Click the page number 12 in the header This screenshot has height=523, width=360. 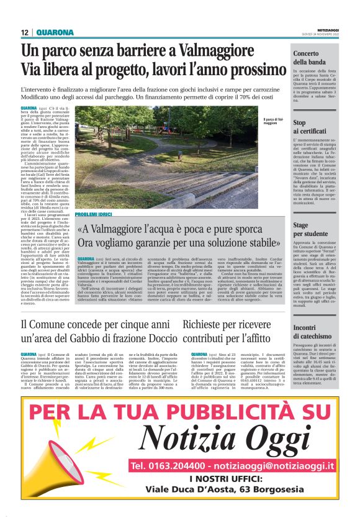(25, 32)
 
